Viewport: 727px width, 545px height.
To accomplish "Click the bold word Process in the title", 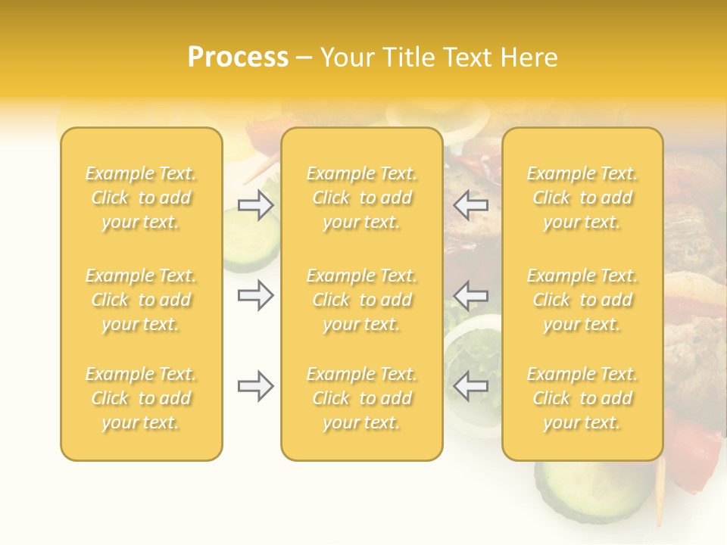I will (238, 58).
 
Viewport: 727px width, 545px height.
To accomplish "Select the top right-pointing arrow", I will (255, 205).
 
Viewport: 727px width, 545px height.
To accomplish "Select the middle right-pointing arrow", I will (255, 295).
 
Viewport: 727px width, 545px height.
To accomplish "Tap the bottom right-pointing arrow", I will (255, 386).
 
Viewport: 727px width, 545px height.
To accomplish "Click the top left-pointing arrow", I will (471, 205).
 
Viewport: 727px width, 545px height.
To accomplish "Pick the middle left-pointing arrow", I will (471, 295).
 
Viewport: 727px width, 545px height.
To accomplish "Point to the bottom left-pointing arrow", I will (471, 386).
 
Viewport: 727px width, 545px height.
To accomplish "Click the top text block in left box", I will (141, 198).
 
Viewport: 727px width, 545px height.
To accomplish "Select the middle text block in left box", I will (141, 300).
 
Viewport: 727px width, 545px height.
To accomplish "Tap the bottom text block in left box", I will (141, 398).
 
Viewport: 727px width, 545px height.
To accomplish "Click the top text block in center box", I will (362, 198).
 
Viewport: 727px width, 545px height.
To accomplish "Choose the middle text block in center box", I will (362, 300).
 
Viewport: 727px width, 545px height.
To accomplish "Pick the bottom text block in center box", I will (362, 398).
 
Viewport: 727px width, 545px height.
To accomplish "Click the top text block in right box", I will (582, 198).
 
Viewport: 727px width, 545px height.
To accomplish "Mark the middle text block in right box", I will (582, 300).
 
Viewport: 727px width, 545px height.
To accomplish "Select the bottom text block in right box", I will (582, 398).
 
